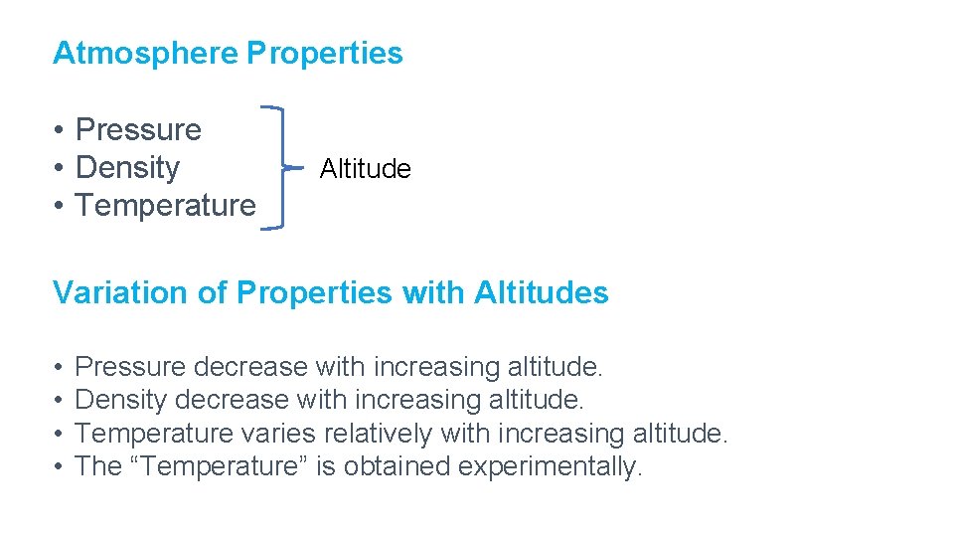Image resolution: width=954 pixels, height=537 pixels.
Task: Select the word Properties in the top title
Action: pos(325,53)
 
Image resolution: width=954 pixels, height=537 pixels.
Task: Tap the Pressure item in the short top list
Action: pos(138,130)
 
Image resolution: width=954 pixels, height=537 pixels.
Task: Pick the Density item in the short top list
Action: pos(127,168)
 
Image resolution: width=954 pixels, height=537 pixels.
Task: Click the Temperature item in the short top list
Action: pos(165,206)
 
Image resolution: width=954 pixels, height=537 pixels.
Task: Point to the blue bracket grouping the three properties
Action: pos(282,168)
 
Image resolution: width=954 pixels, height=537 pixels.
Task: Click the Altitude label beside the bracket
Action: pos(365,169)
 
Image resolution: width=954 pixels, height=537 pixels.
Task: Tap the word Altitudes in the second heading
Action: pos(542,293)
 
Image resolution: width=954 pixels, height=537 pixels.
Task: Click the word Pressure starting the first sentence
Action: pos(130,367)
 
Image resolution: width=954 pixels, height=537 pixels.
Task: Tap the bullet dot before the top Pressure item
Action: pos(60,131)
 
